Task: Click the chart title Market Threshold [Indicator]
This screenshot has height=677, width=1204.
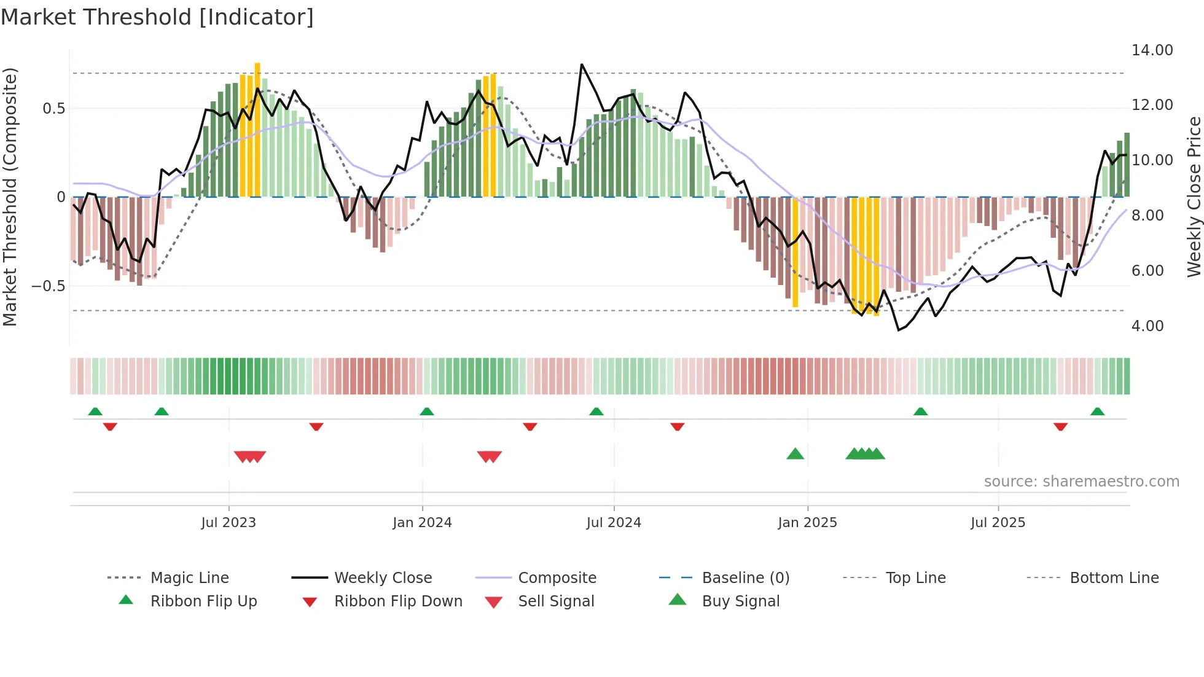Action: [157, 17]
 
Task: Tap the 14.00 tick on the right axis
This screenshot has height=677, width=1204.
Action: [1152, 50]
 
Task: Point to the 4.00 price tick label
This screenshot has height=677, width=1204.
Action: [1147, 326]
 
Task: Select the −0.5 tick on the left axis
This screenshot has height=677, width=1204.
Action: [48, 286]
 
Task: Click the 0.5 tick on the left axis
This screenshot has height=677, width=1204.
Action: [53, 109]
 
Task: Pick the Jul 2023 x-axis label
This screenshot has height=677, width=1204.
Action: [229, 523]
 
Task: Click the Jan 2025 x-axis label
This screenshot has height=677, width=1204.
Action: [807, 523]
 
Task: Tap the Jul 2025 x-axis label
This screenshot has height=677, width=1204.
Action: [998, 523]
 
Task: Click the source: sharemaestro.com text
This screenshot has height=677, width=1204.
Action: [1081, 482]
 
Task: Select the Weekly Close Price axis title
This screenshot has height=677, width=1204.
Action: [1194, 197]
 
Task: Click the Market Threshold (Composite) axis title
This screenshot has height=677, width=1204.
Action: [10, 197]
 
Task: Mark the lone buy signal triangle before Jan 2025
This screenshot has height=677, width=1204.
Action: [795, 454]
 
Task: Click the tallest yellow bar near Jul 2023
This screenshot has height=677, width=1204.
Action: [257, 129]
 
